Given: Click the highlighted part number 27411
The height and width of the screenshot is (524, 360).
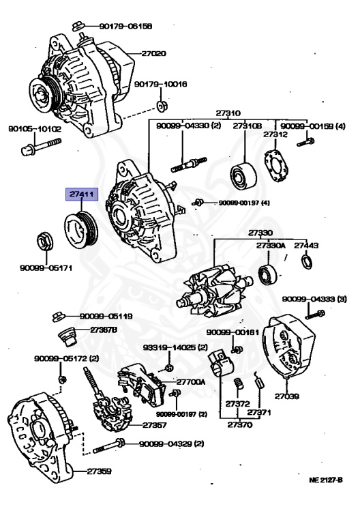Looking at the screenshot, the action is pos(82,194).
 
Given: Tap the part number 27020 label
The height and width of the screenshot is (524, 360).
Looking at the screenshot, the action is pos(153,53).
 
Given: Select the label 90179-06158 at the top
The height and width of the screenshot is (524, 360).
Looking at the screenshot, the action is pos(125,26).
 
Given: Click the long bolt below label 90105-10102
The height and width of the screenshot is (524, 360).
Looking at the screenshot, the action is pos(41,147).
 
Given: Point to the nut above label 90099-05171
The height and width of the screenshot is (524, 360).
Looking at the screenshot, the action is pos(44,242).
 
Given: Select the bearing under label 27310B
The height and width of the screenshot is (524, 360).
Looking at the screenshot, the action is pos(243,176).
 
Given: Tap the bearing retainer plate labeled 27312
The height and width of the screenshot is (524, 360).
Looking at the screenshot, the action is pos(276,166).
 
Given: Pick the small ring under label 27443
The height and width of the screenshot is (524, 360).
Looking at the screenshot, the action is pos(307,262).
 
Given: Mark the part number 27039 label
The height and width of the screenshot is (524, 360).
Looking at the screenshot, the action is pos(287,396).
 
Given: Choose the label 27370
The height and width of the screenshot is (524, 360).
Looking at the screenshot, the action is pos(240,425).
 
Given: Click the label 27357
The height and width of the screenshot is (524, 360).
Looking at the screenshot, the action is pos(155,425).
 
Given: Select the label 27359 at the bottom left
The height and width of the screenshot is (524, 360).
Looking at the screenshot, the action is pos(99,471).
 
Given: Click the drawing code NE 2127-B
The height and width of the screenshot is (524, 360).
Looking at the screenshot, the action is pos(326,480).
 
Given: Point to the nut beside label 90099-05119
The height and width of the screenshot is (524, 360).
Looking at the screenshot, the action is pos(58,316).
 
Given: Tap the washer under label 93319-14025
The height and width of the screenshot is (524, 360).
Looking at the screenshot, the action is pos(169,368).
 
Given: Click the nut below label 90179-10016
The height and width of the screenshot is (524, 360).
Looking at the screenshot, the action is pos(162,106).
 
